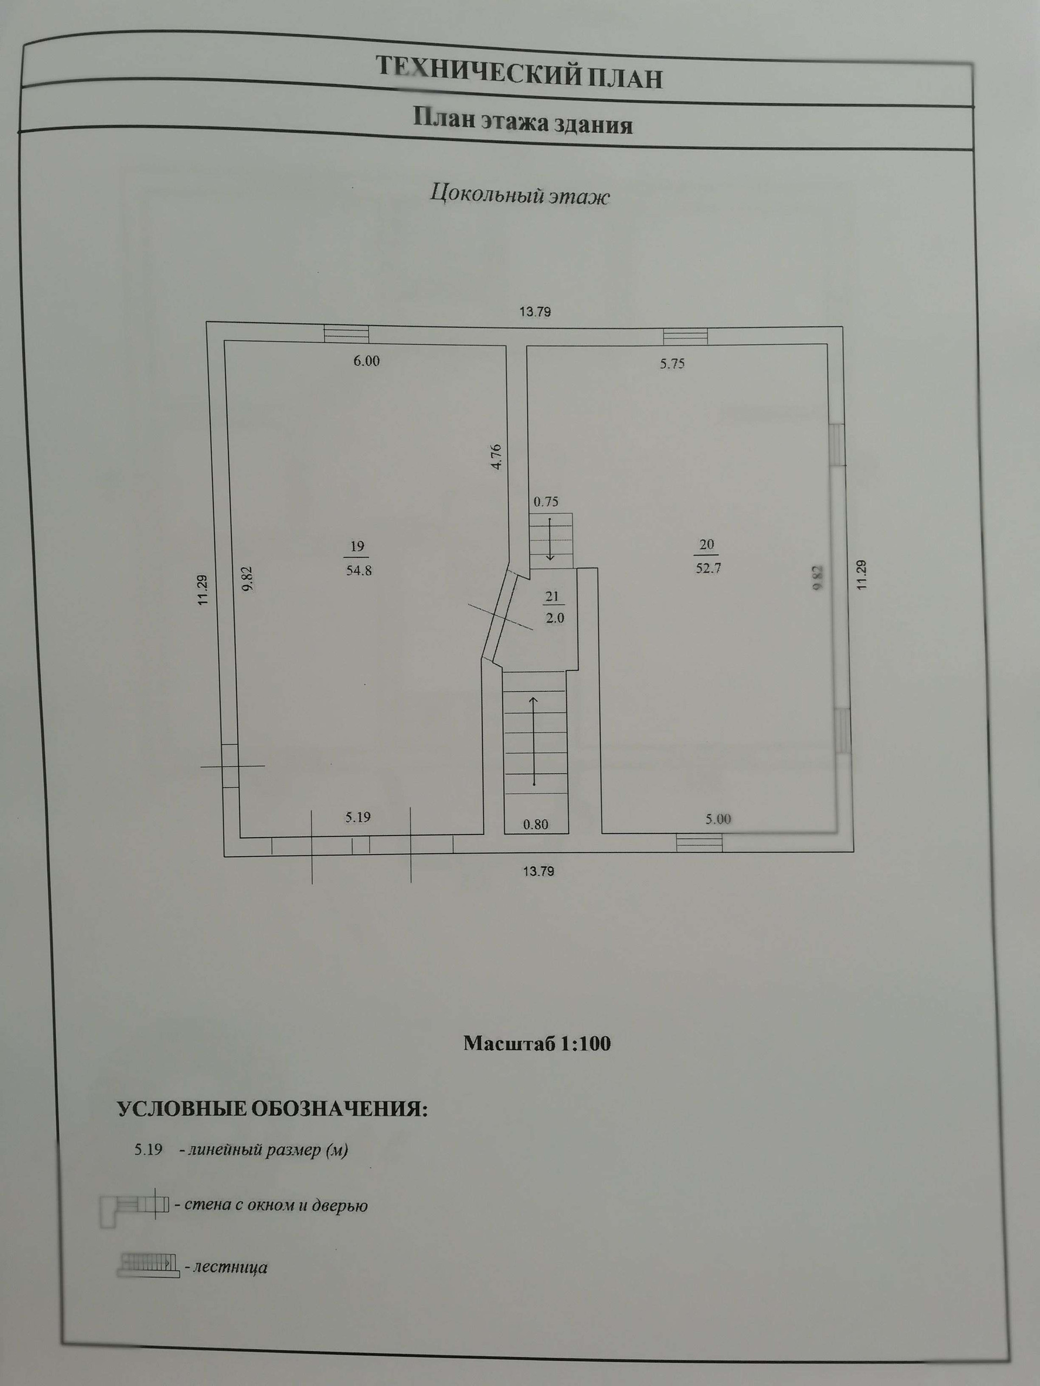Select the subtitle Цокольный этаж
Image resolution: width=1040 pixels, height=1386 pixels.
[x=519, y=195]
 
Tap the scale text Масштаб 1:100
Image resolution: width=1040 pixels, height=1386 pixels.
[x=537, y=1043]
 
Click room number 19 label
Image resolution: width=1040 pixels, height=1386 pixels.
[x=357, y=546]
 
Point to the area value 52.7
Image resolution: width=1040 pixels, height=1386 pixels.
[x=707, y=569]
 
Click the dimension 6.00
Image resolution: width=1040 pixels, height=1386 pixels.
[x=366, y=361]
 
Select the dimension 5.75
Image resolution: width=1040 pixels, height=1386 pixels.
[x=672, y=364]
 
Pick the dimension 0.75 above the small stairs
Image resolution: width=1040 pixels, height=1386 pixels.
[x=545, y=502]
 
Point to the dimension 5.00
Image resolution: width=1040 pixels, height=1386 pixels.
[x=718, y=820]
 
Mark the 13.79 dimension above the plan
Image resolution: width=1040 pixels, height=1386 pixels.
[x=535, y=312]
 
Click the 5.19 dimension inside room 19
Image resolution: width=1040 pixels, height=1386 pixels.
[x=357, y=818]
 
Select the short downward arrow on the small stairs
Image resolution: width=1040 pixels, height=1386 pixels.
[x=550, y=538]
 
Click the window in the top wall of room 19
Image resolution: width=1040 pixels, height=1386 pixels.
[x=346, y=334]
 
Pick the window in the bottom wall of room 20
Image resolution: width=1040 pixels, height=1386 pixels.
[x=699, y=843]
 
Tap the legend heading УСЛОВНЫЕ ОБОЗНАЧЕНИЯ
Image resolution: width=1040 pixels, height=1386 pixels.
[x=272, y=1110]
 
